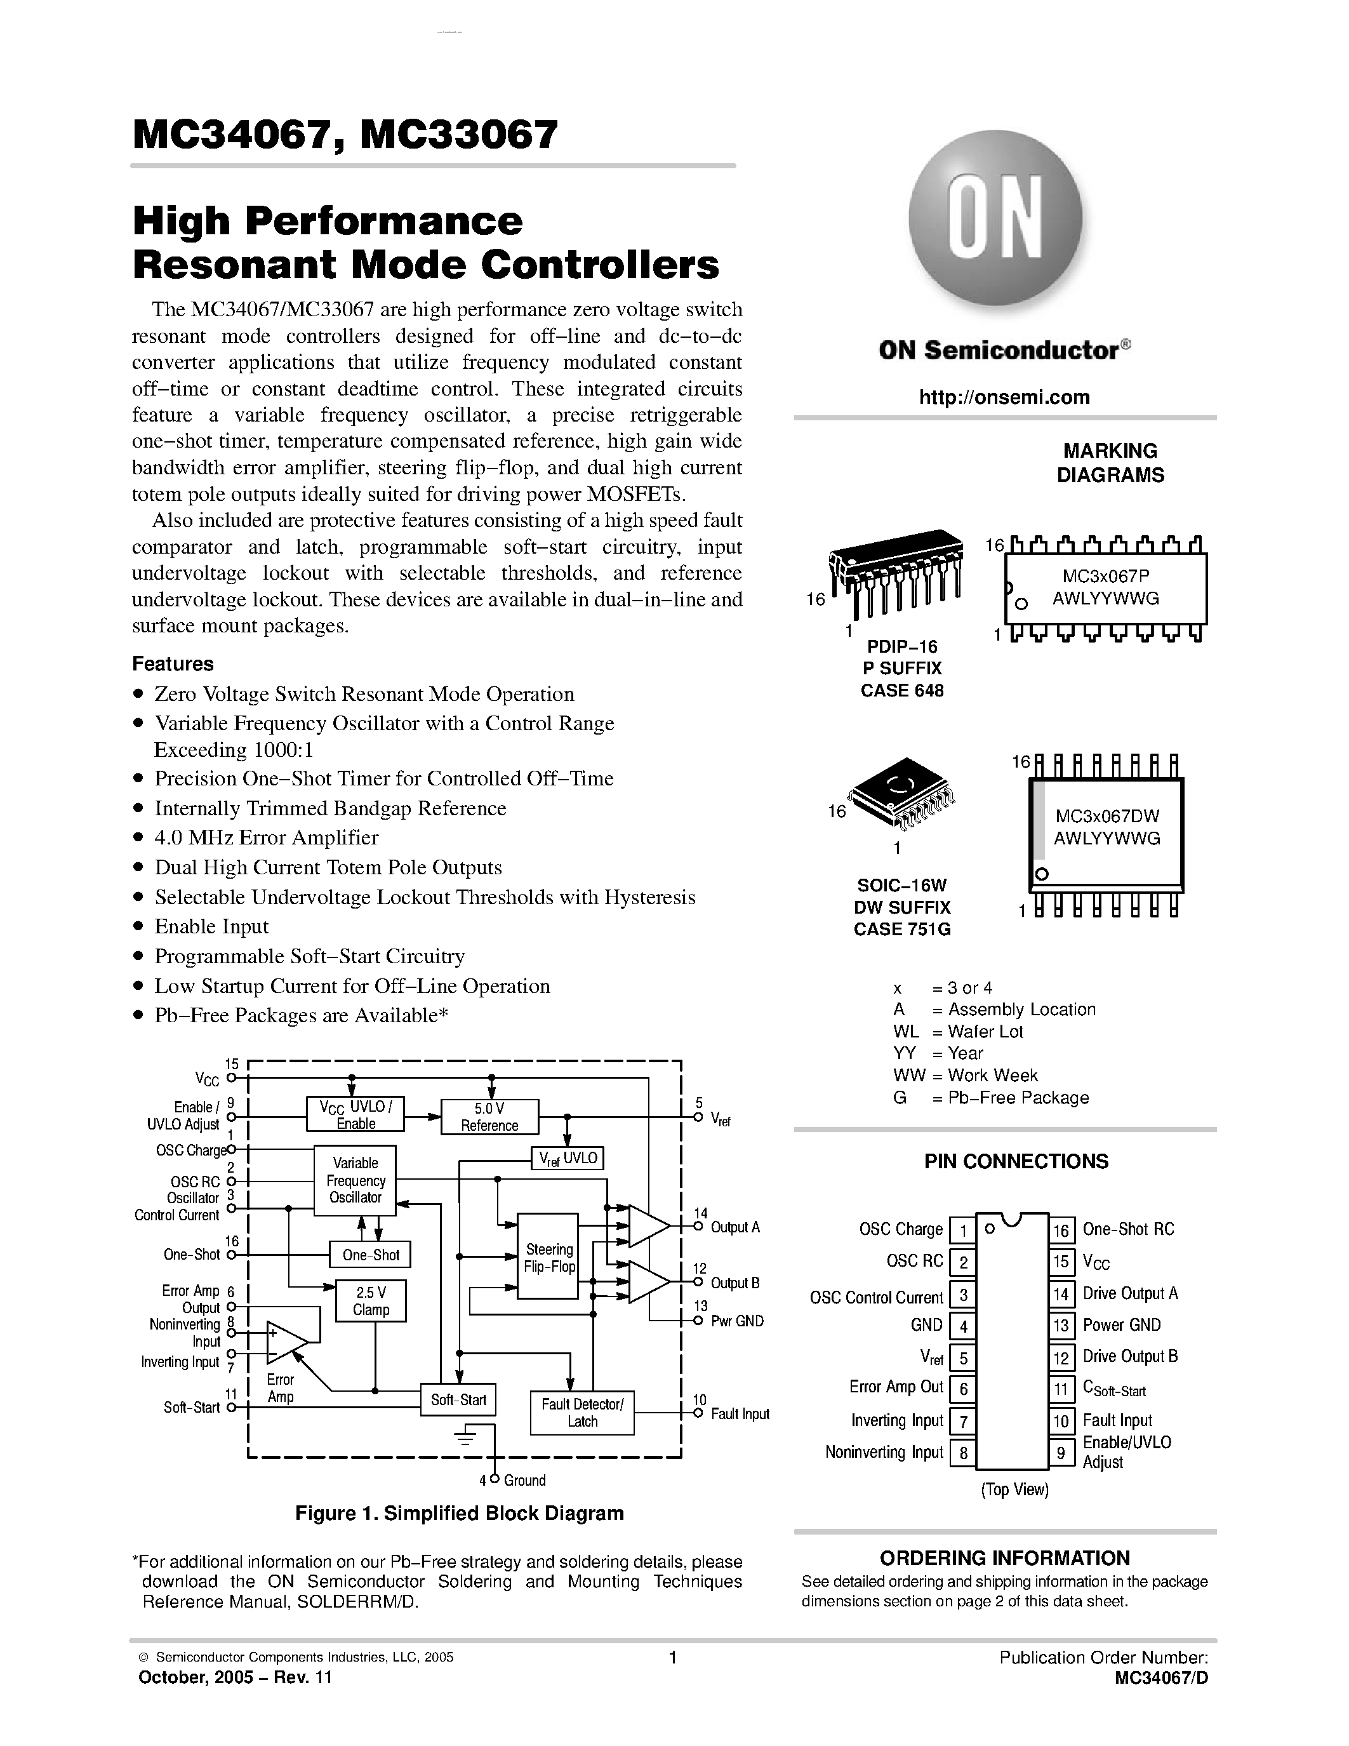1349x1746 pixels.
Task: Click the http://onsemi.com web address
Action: (x=1004, y=397)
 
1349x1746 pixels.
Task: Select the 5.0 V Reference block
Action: (x=490, y=1117)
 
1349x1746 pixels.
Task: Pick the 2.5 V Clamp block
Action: (x=371, y=1301)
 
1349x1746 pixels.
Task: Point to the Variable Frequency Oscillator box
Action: (x=356, y=1180)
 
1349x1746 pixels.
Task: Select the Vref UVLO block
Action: (x=568, y=1159)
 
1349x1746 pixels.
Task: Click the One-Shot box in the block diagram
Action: (x=371, y=1255)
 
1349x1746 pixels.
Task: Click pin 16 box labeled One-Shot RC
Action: (x=1061, y=1230)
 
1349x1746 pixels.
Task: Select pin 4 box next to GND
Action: (x=963, y=1326)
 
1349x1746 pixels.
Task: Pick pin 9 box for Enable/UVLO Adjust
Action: (x=1061, y=1453)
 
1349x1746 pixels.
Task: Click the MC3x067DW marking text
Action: (x=1107, y=816)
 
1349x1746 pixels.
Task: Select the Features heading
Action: (x=173, y=663)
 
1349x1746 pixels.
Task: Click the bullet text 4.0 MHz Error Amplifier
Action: (x=266, y=838)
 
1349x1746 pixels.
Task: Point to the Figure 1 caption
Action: (x=460, y=1514)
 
